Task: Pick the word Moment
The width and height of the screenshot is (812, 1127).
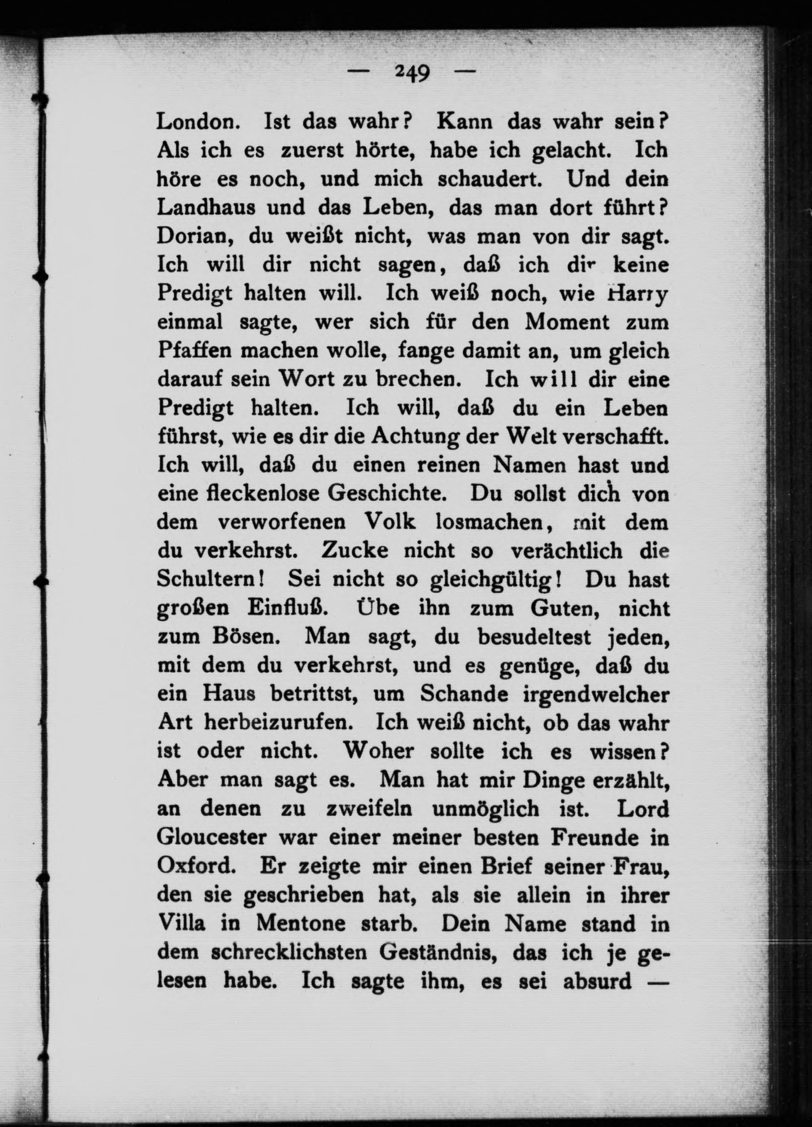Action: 567,323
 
